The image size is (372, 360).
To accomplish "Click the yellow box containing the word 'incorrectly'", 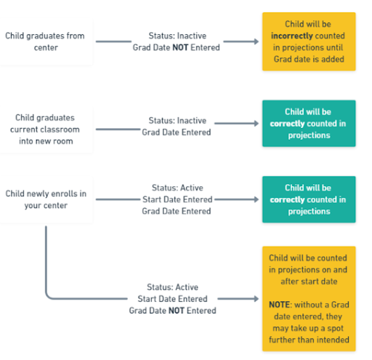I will [309, 41].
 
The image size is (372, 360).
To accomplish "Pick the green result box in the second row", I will [309, 124].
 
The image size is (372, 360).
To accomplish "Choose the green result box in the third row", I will [309, 199].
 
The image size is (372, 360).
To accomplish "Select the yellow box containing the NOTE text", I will [309, 298].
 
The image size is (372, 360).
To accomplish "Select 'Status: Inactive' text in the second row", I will [177, 120].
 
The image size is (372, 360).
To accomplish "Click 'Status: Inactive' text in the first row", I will [177, 35].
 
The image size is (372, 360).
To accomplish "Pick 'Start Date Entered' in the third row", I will [177, 199].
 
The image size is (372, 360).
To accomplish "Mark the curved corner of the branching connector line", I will [49, 295].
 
